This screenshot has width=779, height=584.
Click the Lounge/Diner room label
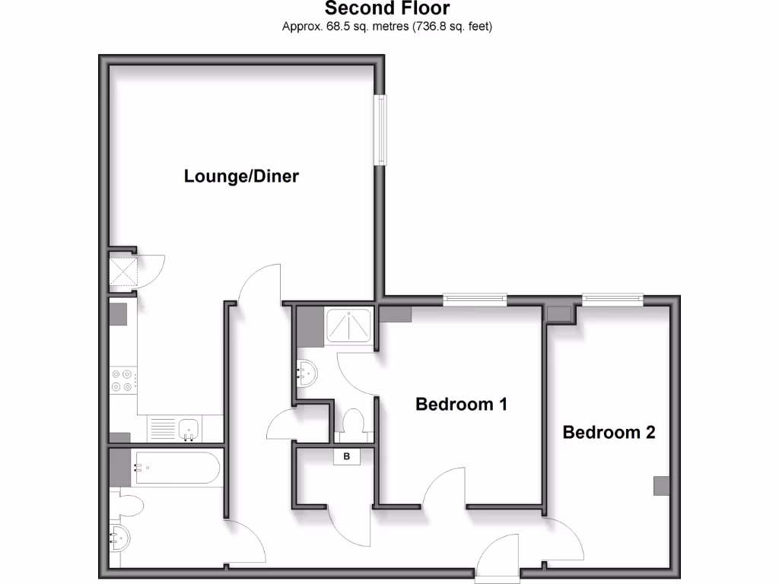point(241,176)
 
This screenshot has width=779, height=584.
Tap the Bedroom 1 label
point(461,405)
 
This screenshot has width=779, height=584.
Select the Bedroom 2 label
point(609,433)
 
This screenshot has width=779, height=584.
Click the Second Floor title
point(387,9)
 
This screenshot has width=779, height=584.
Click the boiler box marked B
point(348,457)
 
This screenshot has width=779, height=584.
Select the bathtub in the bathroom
point(176,468)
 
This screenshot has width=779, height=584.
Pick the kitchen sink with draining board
point(173,430)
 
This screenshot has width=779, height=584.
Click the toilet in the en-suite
point(352,424)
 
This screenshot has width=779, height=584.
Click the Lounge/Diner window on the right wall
point(380,130)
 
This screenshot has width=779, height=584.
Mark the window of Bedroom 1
point(475,299)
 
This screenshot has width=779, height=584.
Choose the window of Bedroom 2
point(612,299)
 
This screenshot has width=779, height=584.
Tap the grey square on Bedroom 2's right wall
point(662,486)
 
